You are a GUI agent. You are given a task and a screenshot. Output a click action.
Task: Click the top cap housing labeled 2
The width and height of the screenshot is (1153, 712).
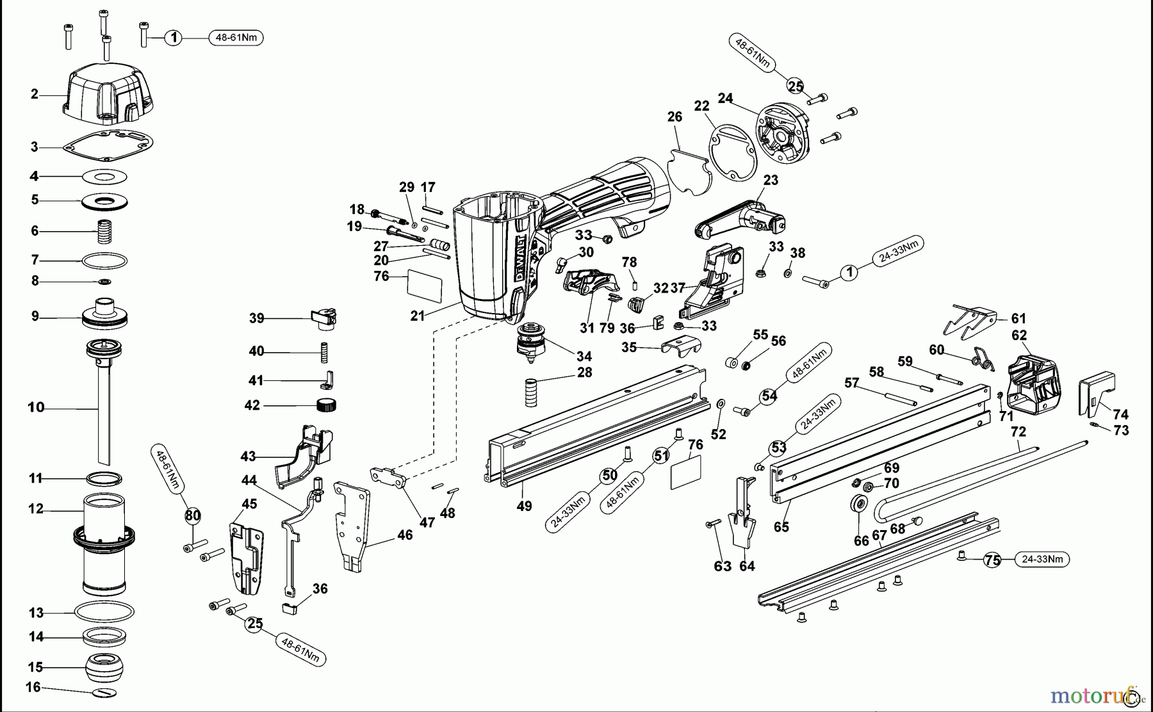point(109,93)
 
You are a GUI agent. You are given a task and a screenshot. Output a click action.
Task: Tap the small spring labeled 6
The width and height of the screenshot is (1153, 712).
point(104,231)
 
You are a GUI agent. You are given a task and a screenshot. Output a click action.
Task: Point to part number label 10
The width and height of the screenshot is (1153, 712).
point(36,407)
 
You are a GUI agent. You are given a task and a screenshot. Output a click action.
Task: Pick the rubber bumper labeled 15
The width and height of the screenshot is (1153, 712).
point(104,668)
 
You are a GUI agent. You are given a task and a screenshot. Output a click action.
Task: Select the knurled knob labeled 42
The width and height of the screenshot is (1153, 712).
point(327,405)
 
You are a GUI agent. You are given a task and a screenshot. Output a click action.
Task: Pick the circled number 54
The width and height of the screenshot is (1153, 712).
point(769,396)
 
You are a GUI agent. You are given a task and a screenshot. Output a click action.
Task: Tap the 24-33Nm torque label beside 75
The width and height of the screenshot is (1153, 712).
point(1042,559)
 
